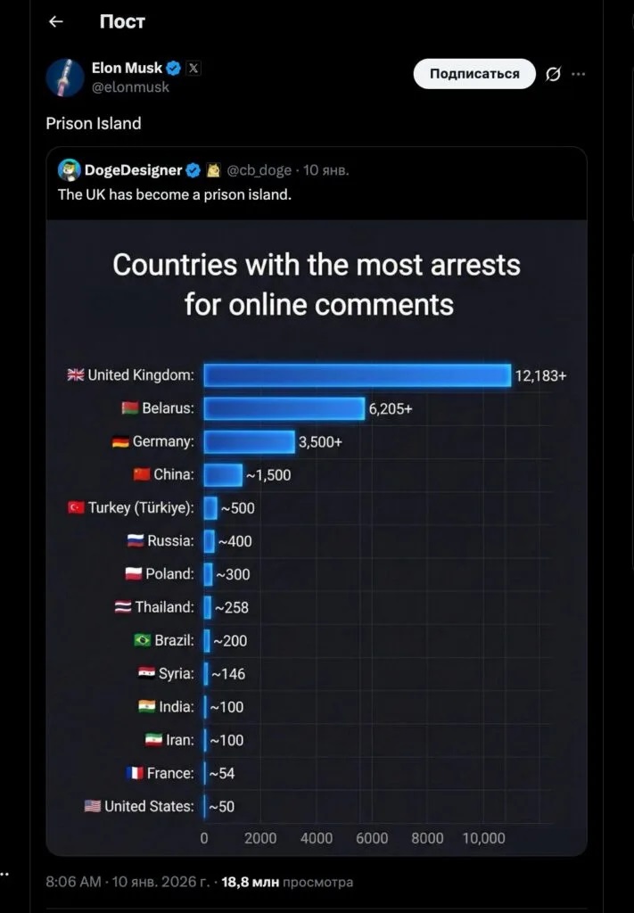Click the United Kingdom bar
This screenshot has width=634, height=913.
tap(357, 375)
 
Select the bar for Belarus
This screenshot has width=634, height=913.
tap(284, 408)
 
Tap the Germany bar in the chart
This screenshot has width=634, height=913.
tap(249, 441)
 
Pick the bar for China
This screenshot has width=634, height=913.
tap(222, 474)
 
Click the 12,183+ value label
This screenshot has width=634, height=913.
tap(540, 375)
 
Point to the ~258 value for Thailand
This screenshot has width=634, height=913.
tap(232, 607)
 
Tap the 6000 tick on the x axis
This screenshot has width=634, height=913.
tap(372, 838)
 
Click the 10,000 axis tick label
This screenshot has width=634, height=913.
tap(483, 838)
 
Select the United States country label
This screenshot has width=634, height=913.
tap(148, 806)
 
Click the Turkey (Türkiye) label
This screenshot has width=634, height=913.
tap(141, 507)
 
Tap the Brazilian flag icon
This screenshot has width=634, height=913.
tap(141, 640)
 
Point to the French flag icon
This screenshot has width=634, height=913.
tap(135, 773)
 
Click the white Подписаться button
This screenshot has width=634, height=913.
tap(474, 74)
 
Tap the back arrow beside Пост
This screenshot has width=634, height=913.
tap(55, 21)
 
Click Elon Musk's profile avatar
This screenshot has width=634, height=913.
tap(65, 77)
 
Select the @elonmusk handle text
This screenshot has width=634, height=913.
tap(130, 87)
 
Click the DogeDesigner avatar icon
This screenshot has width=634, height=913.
tap(69, 169)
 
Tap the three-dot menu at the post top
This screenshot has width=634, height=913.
tap(578, 74)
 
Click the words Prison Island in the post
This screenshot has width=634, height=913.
tap(94, 123)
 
